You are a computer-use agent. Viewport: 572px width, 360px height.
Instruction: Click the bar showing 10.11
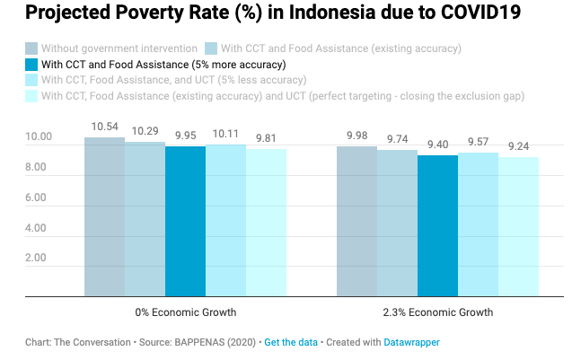pyautogui.click(x=225, y=220)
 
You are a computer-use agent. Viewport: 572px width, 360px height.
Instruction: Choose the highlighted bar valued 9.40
pyautogui.click(x=437, y=225)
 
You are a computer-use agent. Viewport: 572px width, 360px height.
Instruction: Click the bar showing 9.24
pyautogui.click(x=518, y=226)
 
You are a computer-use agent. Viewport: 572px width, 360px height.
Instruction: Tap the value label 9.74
pyautogui.click(x=397, y=140)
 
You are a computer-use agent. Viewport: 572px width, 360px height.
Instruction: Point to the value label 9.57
pyautogui.click(x=478, y=143)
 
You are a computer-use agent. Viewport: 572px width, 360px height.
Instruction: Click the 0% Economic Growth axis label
pyautogui.click(x=185, y=312)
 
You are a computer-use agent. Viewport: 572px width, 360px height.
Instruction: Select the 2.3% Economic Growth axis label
pyautogui.click(x=437, y=312)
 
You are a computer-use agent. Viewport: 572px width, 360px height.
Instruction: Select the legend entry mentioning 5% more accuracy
pyautogui.click(x=163, y=64)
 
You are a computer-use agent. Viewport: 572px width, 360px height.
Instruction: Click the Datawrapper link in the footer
pyautogui.click(x=412, y=343)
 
